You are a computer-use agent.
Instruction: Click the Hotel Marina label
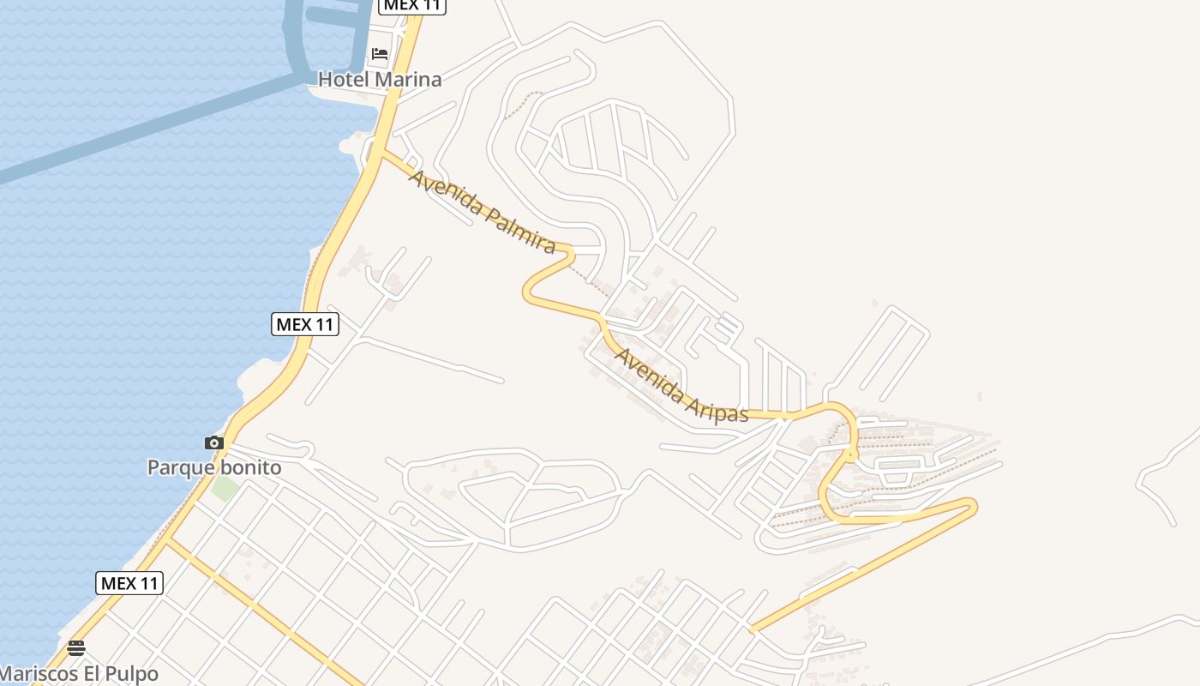click(380, 80)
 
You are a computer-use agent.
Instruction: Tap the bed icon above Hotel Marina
click(379, 54)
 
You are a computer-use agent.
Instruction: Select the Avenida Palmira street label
click(482, 211)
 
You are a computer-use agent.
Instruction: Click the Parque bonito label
click(214, 467)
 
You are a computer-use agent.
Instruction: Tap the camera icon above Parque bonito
click(214, 443)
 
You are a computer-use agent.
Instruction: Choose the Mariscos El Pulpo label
click(79, 673)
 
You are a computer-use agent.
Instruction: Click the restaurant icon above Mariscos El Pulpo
click(76, 647)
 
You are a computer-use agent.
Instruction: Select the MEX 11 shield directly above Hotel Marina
click(412, 5)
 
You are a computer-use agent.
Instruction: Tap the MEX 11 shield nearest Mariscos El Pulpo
click(129, 583)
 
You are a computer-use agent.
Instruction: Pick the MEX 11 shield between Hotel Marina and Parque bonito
click(305, 324)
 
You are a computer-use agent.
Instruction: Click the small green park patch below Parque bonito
click(225, 490)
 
